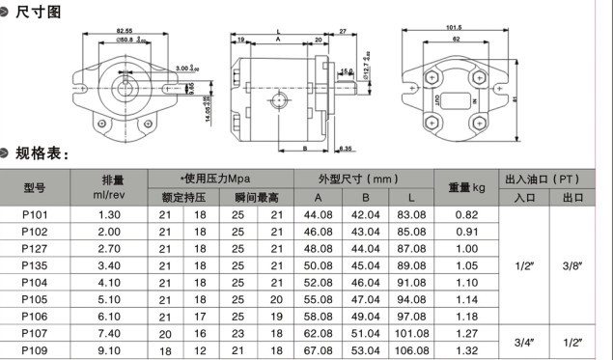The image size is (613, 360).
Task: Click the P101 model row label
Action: pos(35,213)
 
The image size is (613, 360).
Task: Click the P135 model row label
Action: pos(35,264)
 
